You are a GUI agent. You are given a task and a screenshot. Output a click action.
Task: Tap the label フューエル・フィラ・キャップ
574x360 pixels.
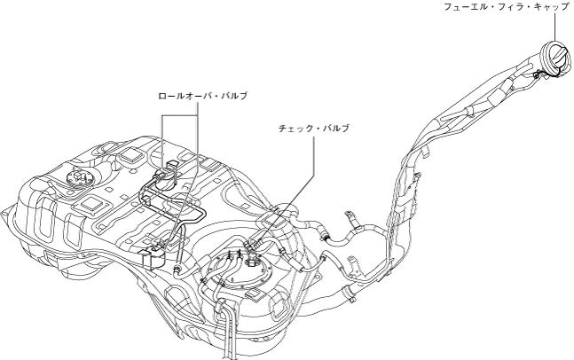[x=507, y=7]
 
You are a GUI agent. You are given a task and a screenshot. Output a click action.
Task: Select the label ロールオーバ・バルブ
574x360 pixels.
[x=202, y=93]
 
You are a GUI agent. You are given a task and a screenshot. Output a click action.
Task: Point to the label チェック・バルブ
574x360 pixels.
[x=314, y=128]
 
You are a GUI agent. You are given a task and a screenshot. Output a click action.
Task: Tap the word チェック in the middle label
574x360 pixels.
[x=297, y=128]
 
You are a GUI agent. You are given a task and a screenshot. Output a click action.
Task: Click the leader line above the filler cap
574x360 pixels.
[x=562, y=27]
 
